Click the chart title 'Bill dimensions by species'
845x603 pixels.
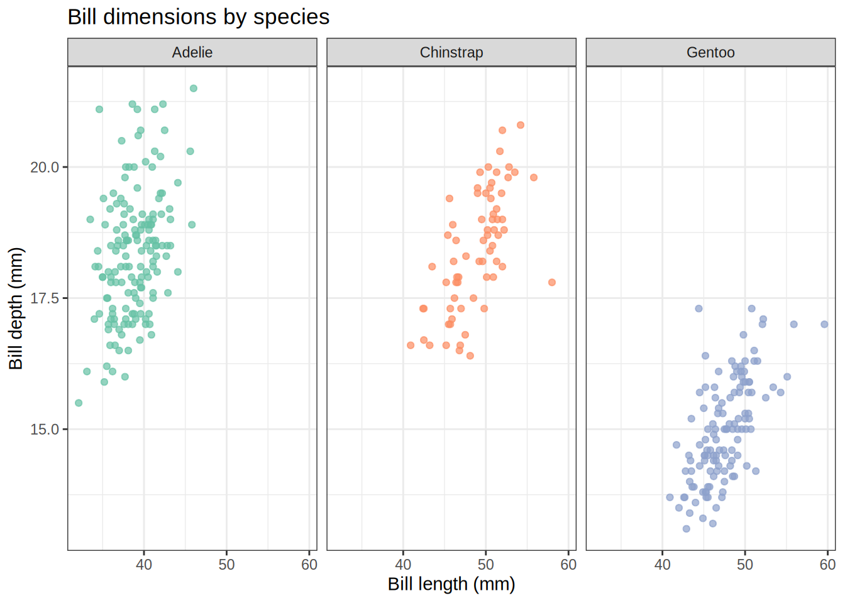point(198,17)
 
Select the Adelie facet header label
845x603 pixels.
point(192,52)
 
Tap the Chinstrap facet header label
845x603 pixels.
point(451,52)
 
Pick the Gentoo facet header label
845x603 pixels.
point(710,52)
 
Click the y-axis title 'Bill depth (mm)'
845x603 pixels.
point(16,308)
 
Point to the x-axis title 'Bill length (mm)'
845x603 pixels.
point(451,584)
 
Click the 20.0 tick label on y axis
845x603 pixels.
point(44,167)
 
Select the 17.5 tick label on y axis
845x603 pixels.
point(44,298)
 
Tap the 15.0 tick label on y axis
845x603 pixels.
point(44,430)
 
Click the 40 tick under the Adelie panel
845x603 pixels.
point(144,565)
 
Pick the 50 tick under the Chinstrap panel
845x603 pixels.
point(485,565)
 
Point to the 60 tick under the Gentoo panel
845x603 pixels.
point(827,565)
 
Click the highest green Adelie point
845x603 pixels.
point(194,89)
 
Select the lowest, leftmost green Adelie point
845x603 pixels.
point(79,403)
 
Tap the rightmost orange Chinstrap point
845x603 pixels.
point(552,283)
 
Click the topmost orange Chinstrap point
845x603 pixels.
point(521,125)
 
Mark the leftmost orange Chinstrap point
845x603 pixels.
point(411,345)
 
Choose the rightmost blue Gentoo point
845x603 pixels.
point(824,324)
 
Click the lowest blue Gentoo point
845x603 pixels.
point(687,529)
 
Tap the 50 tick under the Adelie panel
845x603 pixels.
point(226,565)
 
